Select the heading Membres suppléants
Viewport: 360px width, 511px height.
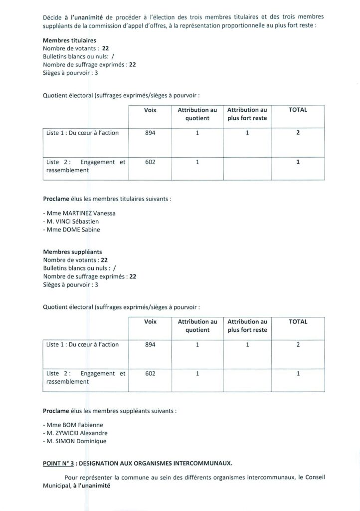pos(72,252)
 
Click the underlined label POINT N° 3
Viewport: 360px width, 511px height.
pos(59,464)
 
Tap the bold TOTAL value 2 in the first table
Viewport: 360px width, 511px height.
pos(298,133)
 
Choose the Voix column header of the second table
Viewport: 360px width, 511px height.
pos(150,322)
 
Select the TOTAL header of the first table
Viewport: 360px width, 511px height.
pos(298,110)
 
